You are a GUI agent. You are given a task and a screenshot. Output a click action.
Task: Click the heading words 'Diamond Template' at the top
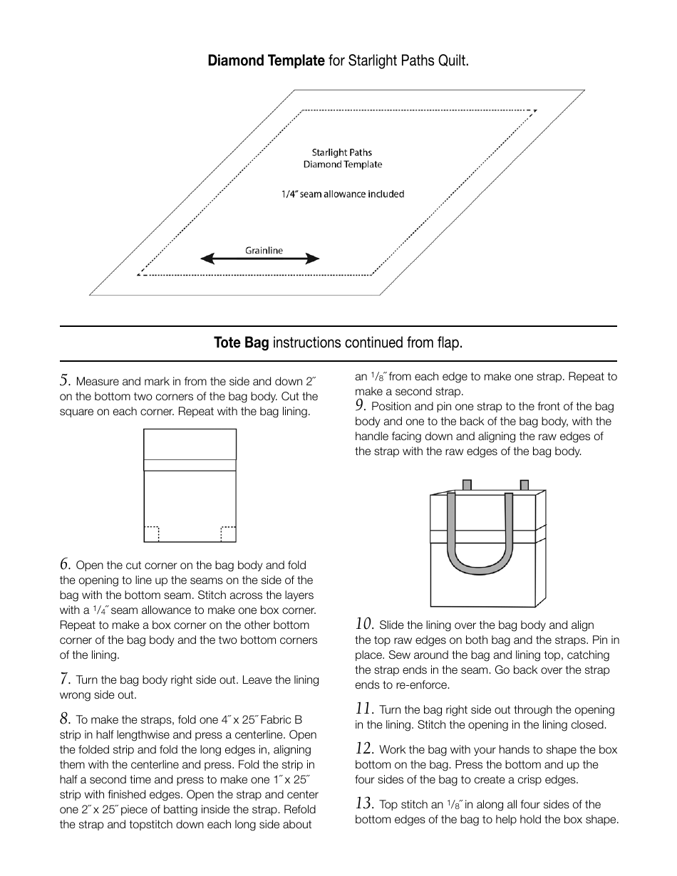coord(266,61)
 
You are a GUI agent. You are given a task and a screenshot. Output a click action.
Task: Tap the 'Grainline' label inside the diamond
coord(264,250)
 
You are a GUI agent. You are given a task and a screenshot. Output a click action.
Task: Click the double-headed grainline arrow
coord(260,259)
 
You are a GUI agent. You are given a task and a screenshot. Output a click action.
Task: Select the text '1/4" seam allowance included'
coord(342,194)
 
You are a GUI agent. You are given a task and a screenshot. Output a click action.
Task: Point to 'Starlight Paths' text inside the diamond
coord(342,152)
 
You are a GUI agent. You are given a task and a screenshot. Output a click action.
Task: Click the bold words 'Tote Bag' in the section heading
coord(241,343)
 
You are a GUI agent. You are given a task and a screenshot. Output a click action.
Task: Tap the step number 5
coord(65,380)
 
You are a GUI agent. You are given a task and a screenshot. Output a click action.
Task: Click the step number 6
coord(65,564)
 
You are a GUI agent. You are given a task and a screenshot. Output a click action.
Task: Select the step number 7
coord(65,679)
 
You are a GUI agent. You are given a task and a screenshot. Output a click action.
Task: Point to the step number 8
coord(65,719)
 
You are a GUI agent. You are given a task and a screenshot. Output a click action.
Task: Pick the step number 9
coord(361,405)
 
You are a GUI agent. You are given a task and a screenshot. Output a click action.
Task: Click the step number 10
coord(364,624)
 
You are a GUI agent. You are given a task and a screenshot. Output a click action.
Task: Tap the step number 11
coord(364,709)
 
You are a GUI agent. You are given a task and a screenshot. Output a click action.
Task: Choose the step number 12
coord(364,749)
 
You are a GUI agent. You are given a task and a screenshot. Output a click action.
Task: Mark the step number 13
coord(364,803)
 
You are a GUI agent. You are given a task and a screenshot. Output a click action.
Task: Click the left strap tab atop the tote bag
coord(467,485)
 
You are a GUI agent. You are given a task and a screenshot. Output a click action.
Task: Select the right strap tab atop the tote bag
coord(524,485)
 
